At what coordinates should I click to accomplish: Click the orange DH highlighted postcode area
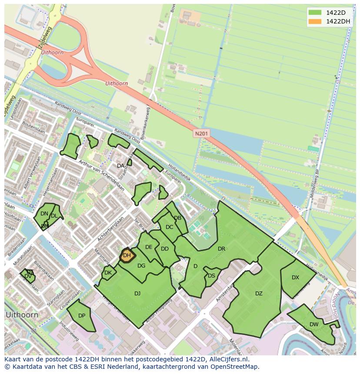pyautogui.click(x=127, y=255)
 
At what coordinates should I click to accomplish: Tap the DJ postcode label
pyautogui.click(x=137, y=294)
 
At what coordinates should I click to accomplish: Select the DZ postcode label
pyautogui.click(x=259, y=294)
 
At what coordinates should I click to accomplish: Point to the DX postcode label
pyautogui.click(x=295, y=278)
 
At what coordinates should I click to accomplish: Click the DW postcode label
pyautogui.click(x=314, y=324)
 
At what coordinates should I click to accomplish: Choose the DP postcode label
pyautogui.click(x=82, y=316)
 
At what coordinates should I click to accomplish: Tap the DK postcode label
pyautogui.click(x=108, y=273)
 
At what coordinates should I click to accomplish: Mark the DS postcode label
pyautogui.click(x=211, y=276)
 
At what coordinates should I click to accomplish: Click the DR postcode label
pyautogui.click(x=221, y=249)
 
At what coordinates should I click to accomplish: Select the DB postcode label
pyautogui.click(x=177, y=218)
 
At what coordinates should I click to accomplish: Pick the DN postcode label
pyautogui.click(x=44, y=214)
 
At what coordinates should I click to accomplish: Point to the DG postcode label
pyautogui.click(x=141, y=266)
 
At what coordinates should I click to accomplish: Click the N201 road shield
pyautogui.click(x=201, y=134)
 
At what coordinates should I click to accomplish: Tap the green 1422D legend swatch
pyautogui.click(x=315, y=12)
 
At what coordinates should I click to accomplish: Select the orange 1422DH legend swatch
pyautogui.click(x=315, y=21)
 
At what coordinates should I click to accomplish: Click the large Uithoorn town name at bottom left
pyautogui.click(x=22, y=314)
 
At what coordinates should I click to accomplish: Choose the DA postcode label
pyautogui.click(x=120, y=166)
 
